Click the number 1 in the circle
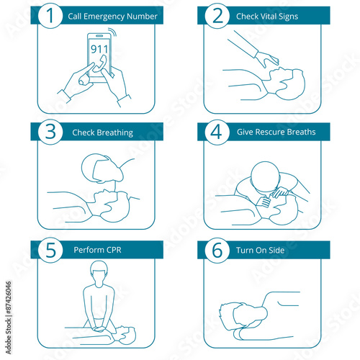tap(50, 16)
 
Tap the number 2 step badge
tap(217, 16)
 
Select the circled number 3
tap(50, 132)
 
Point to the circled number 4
tap(217, 132)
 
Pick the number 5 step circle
tap(50, 250)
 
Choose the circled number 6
tap(217, 250)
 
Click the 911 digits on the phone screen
tap(99, 49)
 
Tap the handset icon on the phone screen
tap(99, 63)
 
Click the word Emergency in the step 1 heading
tap(104, 17)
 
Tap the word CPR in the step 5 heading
tap(114, 250)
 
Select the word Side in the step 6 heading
tap(276, 251)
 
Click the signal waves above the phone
tap(112, 32)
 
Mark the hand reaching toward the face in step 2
tap(267, 59)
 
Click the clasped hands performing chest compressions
tap(99, 329)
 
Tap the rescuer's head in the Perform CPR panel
tap(99, 273)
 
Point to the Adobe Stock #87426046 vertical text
tap(9, 318)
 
